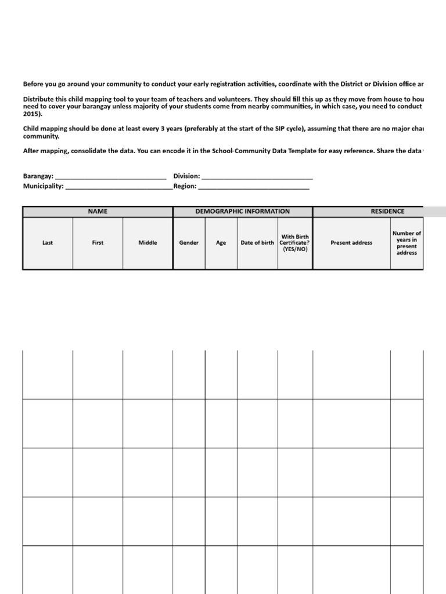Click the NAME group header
tap(98, 212)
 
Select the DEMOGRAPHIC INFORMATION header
tap(242, 212)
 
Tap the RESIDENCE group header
tap(387, 212)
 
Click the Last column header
tap(48, 243)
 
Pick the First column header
tap(98, 243)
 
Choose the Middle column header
tap(148, 243)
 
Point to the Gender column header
tap(189, 243)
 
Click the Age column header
tap(221, 243)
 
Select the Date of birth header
tap(257, 243)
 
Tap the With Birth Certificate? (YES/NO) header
tap(295, 243)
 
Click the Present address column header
tap(351, 243)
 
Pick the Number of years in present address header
tap(407, 243)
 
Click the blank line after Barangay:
tap(110, 176)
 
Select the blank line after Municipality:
tap(118, 187)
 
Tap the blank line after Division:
tap(257, 176)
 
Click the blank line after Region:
tap(254, 187)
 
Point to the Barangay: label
tap(38, 176)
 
